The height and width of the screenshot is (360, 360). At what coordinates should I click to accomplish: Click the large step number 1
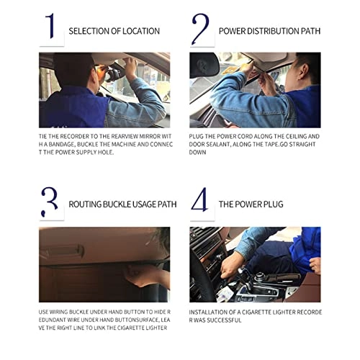tap(50, 26)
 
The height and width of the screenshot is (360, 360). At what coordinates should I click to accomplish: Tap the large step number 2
tap(200, 29)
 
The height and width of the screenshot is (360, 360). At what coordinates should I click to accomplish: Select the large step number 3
tap(50, 202)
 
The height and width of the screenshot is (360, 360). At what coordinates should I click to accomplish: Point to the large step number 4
tap(199, 199)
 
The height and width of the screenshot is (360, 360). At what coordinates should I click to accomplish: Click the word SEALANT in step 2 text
tap(218, 145)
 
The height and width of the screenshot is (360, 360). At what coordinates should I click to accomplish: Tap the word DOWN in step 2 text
tap(197, 153)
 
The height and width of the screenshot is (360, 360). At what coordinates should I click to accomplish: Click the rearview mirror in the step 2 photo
tap(204, 64)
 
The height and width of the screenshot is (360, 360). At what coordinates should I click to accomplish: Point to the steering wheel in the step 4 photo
tap(199, 279)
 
